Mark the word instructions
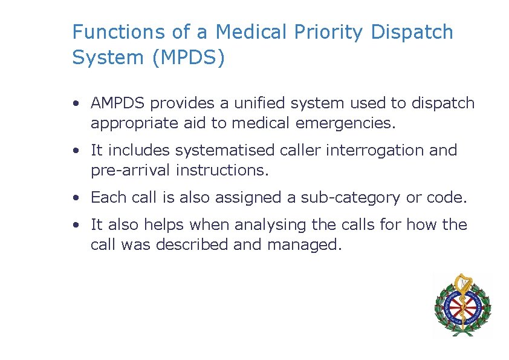click(x=222, y=171)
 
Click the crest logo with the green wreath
click(x=462, y=304)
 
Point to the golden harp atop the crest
click(x=462, y=284)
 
